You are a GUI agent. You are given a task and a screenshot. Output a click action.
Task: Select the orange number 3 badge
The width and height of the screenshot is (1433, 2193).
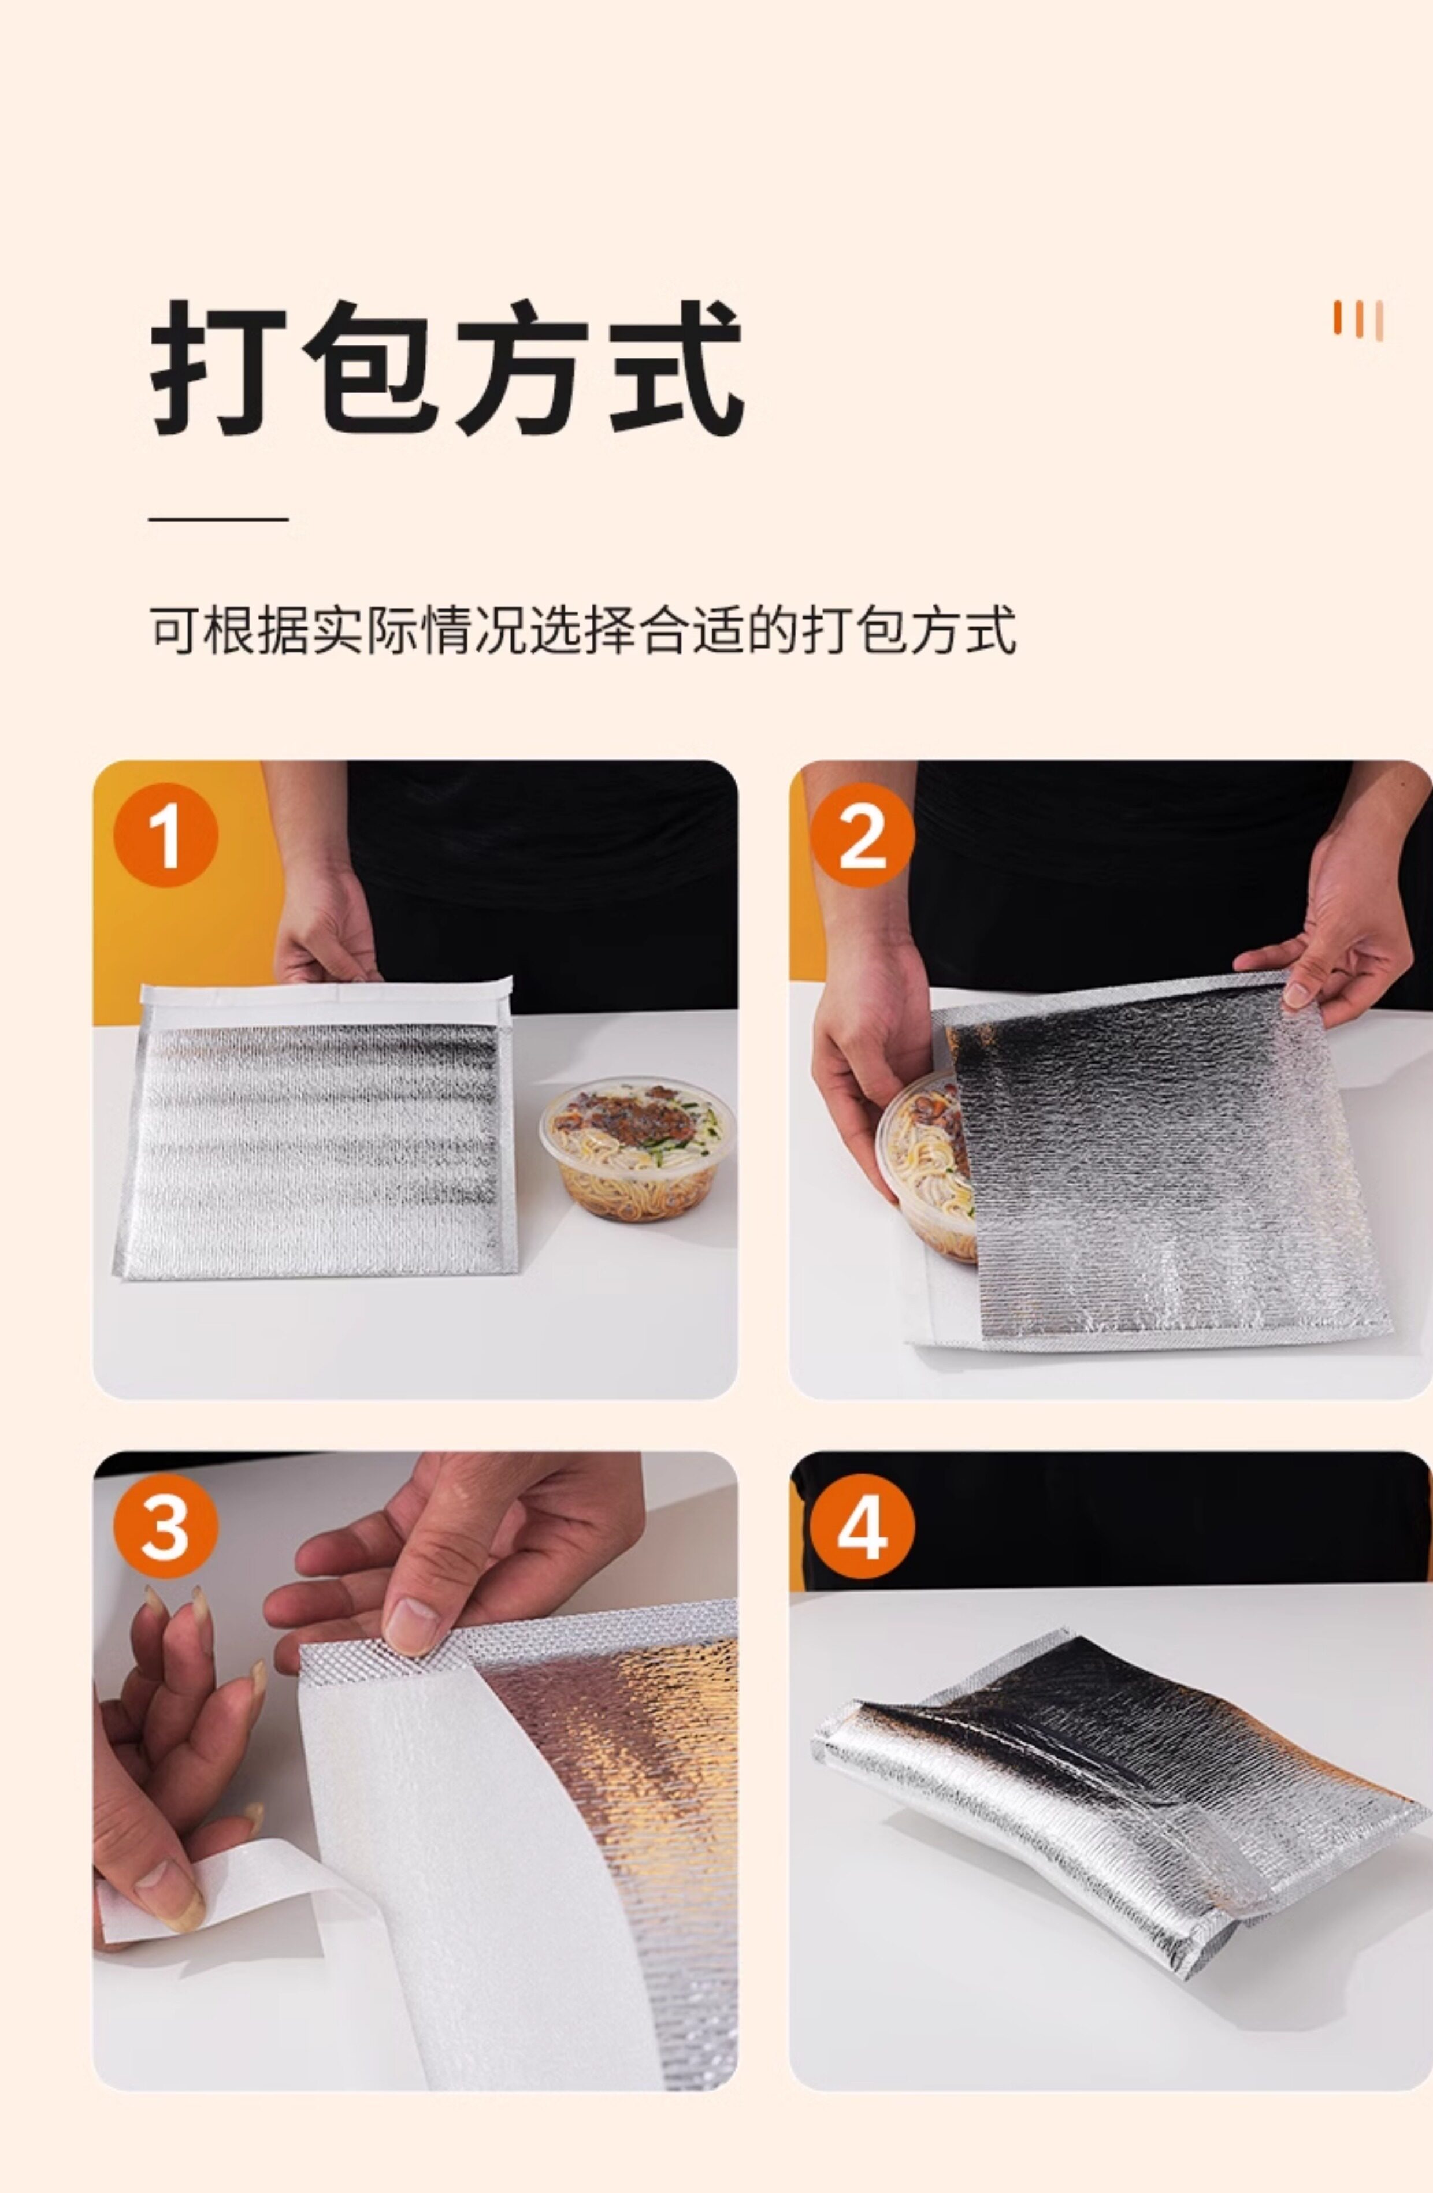point(166,1526)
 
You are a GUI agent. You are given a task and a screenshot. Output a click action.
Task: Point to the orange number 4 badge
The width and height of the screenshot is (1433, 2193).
point(863,1526)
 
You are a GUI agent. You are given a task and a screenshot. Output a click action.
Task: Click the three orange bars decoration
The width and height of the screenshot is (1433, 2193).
point(1358,321)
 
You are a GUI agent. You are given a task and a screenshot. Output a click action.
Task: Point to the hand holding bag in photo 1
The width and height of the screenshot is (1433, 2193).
point(324,921)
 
